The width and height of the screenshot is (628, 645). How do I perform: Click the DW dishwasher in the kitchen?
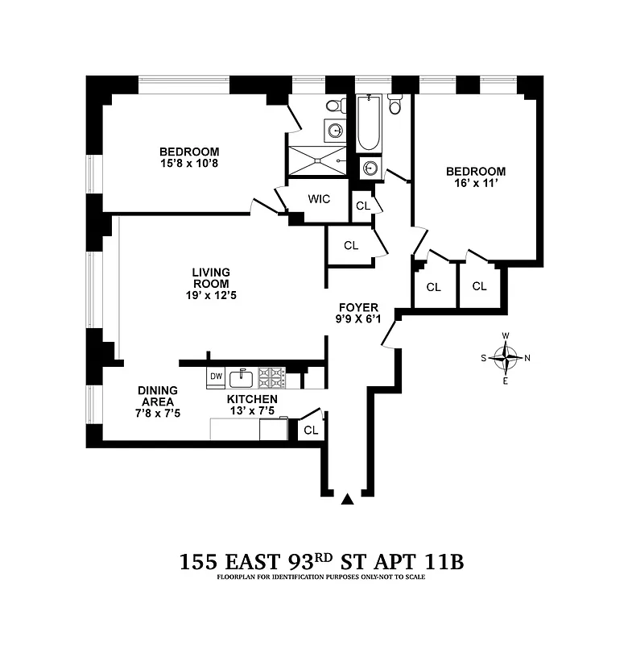(215, 377)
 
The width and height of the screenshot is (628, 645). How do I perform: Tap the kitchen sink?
(242, 377)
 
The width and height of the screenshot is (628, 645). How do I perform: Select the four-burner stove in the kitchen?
(272, 377)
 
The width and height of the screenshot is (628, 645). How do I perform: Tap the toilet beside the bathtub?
(395, 105)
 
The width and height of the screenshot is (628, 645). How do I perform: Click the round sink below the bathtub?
(370, 169)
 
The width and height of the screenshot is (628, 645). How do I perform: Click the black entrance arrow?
(347, 500)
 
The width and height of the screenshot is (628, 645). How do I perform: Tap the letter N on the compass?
(527, 358)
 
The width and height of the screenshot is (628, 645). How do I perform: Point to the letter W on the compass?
(506, 335)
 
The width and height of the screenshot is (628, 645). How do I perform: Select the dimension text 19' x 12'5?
(211, 295)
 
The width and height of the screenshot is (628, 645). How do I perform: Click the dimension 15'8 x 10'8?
(189, 164)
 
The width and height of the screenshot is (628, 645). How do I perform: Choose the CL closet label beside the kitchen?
(311, 430)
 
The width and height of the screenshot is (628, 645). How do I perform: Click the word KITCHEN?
(252, 399)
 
